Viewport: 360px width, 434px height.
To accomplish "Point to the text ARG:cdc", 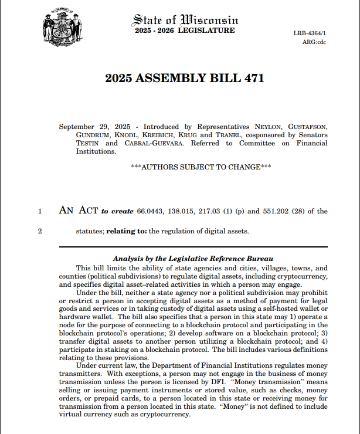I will coord(314,42).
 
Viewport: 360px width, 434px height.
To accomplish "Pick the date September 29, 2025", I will coord(94,126).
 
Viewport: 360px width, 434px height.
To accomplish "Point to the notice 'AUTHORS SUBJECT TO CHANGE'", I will coord(201,167).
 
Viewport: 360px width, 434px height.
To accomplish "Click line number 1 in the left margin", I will coord(40,211).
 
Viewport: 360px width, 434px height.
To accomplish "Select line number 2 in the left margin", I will coord(40,231).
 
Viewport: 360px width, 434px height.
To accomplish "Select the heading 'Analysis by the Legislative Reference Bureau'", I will coord(193,259).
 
